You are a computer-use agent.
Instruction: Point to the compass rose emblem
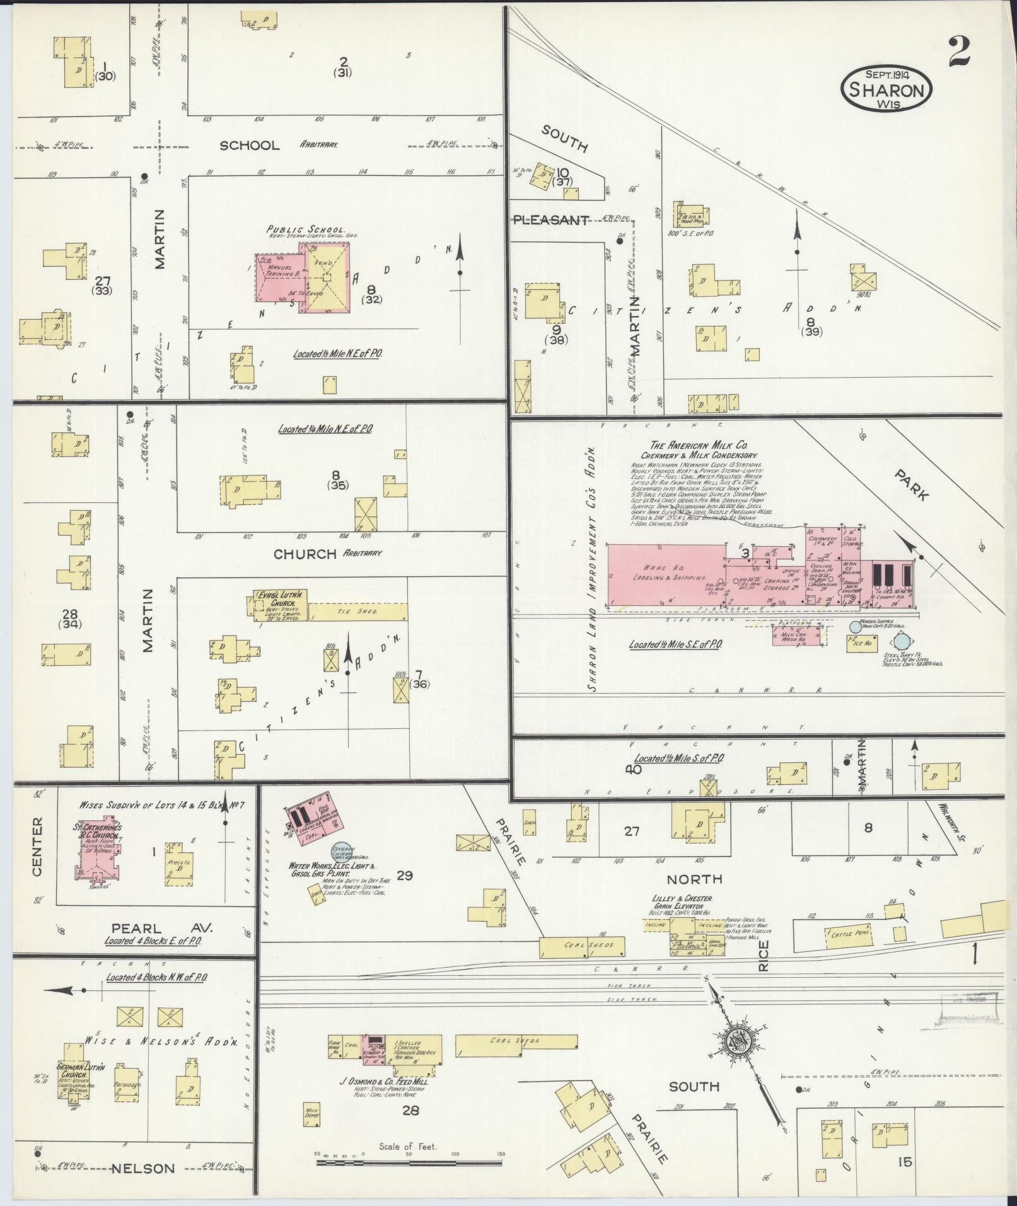click(736, 1041)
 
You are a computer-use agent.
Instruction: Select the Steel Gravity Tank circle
click(902, 641)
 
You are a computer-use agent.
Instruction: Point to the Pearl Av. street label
click(162, 928)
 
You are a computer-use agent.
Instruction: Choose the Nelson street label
click(143, 1168)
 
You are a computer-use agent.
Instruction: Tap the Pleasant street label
click(550, 220)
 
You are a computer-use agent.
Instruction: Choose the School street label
click(249, 146)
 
